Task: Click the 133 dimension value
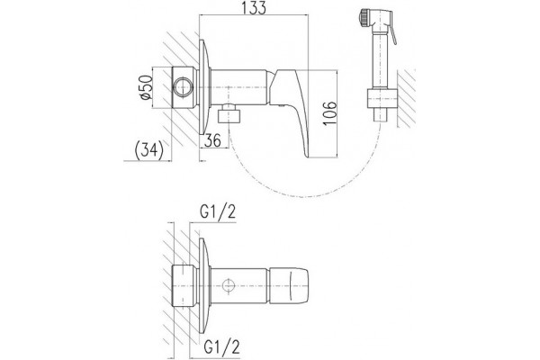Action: [254, 7]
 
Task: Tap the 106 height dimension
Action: [330, 113]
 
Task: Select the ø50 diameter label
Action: [146, 87]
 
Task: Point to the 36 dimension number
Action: [212, 140]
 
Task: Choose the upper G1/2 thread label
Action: [218, 212]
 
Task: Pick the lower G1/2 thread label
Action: [221, 346]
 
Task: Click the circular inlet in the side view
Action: [183, 87]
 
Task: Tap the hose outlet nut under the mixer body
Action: [229, 114]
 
